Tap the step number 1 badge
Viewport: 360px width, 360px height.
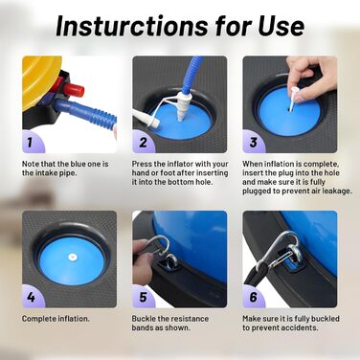pyautogui.click(x=31, y=142)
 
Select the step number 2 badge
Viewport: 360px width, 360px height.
pyautogui.click(x=142, y=142)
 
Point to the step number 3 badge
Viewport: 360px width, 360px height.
pyautogui.click(x=253, y=142)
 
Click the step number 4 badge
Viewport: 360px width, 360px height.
pyautogui.click(x=31, y=297)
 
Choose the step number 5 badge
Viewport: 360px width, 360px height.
pyautogui.click(x=143, y=297)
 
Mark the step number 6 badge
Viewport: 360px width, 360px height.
pyautogui.click(x=253, y=297)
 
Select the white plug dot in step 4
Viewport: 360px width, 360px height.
pyautogui.click(x=73, y=257)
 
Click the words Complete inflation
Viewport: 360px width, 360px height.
pyautogui.click(x=56, y=319)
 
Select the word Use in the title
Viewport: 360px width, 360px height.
pyautogui.click(x=281, y=26)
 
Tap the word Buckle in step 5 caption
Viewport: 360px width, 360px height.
pyautogui.click(x=144, y=319)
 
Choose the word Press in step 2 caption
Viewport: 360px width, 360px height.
pyautogui.click(x=142, y=164)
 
